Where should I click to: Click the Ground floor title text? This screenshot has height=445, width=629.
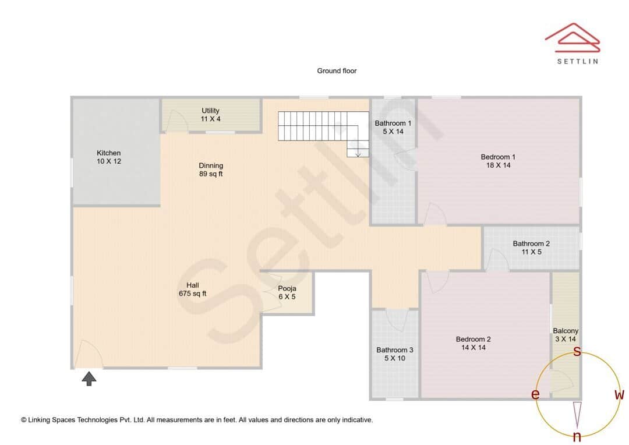click(337, 71)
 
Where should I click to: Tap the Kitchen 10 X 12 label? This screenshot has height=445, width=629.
click(109, 157)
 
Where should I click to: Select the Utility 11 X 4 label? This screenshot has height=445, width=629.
click(210, 115)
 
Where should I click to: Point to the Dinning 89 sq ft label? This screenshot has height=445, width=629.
click(211, 169)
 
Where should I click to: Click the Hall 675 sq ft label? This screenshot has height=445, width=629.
click(192, 289)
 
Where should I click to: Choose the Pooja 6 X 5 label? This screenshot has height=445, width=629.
click(287, 292)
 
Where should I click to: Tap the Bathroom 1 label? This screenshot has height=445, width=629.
click(393, 127)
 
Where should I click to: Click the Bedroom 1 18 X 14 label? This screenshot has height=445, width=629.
click(498, 161)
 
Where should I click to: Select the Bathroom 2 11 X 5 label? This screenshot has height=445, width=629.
click(531, 248)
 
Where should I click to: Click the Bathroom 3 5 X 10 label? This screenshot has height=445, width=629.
click(394, 354)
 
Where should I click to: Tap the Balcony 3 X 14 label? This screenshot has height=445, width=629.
click(566, 335)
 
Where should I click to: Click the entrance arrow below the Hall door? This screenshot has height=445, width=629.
click(89, 379)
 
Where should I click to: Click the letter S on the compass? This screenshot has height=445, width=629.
click(577, 351)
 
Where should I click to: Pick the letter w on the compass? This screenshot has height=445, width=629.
click(619, 394)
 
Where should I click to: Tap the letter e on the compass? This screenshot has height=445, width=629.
click(535, 394)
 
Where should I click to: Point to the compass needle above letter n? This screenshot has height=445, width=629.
click(577, 414)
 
